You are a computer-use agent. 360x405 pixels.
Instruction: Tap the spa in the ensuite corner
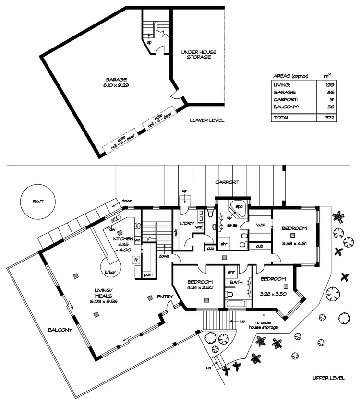[x=239, y=207]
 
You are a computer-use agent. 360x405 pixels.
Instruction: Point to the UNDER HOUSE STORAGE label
[x=196, y=54]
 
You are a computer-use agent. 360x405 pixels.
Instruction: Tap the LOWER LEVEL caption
[x=207, y=120]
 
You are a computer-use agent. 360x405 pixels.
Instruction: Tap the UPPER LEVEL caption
[x=328, y=378]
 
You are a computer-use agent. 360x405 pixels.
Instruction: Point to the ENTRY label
[x=165, y=297]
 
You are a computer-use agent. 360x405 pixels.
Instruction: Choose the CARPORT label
[x=227, y=182]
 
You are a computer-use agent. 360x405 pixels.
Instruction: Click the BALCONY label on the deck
[x=60, y=330]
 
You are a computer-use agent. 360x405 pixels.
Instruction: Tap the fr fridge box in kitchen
[x=136, y=260]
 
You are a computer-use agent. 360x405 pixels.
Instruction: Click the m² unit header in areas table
[x=327, y=75]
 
